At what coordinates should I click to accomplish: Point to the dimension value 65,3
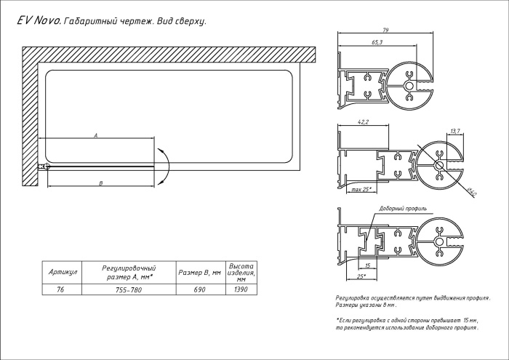pyautogui.click(x=377, y=44)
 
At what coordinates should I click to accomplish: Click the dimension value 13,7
pyautogui.click(x=456, y=131)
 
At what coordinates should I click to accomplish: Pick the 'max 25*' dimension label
pyautogui.click(x=361, y=189)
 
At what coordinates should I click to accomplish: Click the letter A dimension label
pyautogui.click(x=95, y=135)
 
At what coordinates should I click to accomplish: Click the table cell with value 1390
pyautogui.click(x=241, y=289)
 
